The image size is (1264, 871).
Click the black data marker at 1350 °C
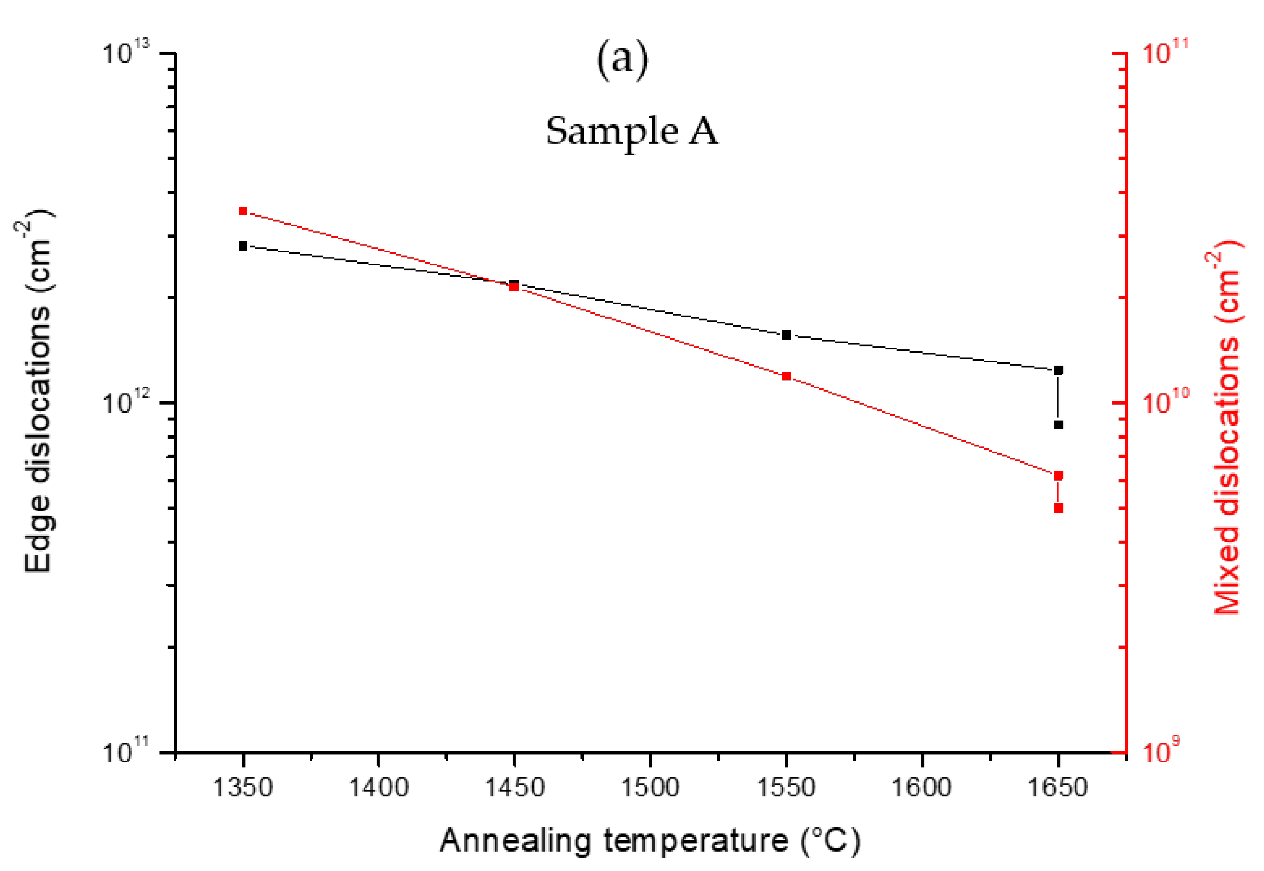pos(243,245)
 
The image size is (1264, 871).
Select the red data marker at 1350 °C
pos(243,211)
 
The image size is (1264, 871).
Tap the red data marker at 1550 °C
pos(786,376)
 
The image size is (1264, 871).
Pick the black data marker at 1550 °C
pos(786,335)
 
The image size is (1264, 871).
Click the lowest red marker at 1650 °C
pos(1058,508)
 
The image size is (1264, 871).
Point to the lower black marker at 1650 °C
pos(1058,425)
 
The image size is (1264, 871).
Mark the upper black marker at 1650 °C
pos(1058,370)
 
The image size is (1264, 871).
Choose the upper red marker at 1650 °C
pos(1058,475)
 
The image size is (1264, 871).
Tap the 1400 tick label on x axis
pos(378,787)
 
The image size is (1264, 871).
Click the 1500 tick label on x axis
pos(650,787)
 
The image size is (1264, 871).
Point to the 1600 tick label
pos(922,787)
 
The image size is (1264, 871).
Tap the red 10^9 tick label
pos(1160,751)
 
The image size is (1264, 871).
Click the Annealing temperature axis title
pos(650,840)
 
